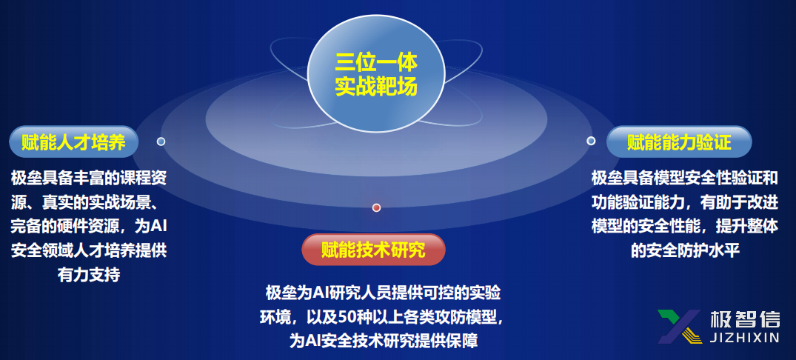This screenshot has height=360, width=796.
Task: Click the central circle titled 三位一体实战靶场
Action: [x=375, y=73]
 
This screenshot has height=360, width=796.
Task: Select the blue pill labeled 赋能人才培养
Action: [x=73, y=141]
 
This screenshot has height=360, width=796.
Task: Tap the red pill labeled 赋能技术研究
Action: [x=374, y=250]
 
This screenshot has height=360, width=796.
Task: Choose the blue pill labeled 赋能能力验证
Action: [x=679, y=141]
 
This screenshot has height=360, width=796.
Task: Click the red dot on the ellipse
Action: [x=376, y=207]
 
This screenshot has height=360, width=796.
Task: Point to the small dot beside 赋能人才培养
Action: [x=161, y=141]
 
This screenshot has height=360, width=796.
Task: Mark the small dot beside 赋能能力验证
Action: [x=591, y=141]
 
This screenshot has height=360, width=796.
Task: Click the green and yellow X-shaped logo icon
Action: [x=679, y=326]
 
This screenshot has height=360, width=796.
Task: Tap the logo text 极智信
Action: [x=745, y=319]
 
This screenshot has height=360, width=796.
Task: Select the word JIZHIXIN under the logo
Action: [x=745, y=338]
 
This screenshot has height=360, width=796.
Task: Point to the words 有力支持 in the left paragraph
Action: [x=89, y=275]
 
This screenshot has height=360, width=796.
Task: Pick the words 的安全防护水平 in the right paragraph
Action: [x=686, y=250]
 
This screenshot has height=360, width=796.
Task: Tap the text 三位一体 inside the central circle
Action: [x=376, y=61]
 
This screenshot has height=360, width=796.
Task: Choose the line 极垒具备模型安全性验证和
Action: [x=685, y=178]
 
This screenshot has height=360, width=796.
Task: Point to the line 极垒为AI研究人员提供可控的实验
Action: [x=384, y=293]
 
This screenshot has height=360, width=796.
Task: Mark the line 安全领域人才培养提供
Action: [x=88, y=250]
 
